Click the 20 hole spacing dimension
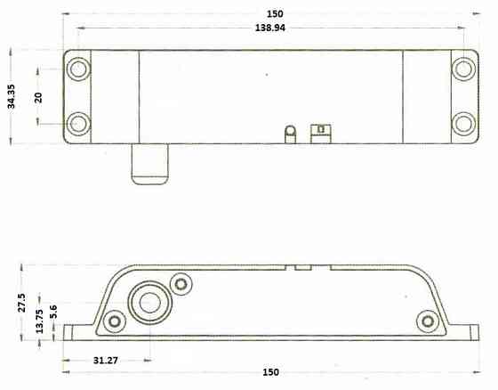pyautogui.click(x=38, y=95)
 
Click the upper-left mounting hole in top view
pyautogui.click(x=77, y=68)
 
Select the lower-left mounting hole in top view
pyautogui.click(x=77, y=122)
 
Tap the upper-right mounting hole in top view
pyautogui.click(x=463, y=68)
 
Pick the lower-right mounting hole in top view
pyautogui.click(x=463, y=122)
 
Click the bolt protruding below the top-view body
pyautogui.click(x=149, y=164)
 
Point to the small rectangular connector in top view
pyautogui.click(x=318, y=133)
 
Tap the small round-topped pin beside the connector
pyautogui.click(x=289, y=133)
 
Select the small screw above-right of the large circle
pyautogui.click(x=181, y=283)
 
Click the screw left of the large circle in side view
pyautogui.click(x=113, y=321)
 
